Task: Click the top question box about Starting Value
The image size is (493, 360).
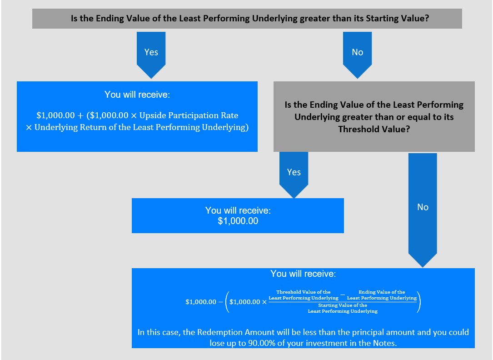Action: coord(247,19)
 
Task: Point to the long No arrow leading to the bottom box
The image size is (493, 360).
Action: coord(423,208)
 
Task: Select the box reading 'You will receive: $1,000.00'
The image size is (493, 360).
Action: coord(238,216)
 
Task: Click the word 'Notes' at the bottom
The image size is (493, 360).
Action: coord(384,343)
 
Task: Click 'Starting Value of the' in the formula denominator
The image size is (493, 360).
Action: coord(343,305)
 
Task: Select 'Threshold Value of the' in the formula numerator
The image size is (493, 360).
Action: coord(303,292)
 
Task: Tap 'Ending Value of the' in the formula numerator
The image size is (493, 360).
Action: coord(382,292)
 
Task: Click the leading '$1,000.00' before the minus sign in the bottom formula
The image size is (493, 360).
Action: coord(201,302)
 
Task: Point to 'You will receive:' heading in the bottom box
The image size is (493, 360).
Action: coord(303,274)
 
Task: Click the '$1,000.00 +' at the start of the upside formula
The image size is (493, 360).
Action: coord(59,115)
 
